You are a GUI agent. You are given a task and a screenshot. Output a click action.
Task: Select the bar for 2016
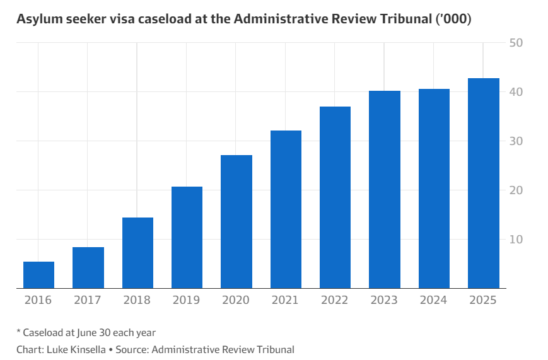[38, 275]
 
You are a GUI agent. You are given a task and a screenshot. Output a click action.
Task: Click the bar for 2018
[137, 253]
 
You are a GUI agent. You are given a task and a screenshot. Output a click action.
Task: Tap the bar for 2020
[236, 222]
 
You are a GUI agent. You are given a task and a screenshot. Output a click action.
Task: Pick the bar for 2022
[335, 197]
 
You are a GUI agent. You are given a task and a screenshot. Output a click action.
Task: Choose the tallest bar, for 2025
[483, 183]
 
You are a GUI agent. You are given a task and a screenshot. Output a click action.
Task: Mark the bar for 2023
[385, 190]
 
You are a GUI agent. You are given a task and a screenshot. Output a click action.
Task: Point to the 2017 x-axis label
[88, 300]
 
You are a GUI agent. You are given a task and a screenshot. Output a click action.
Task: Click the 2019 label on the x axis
[187, 300]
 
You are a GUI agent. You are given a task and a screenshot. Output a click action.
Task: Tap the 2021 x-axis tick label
[286, 300]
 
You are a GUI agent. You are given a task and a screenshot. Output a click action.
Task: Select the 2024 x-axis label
[434, 300]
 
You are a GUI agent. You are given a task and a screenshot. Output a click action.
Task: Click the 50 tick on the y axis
[516, 43]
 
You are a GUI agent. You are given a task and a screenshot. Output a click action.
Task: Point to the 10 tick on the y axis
[516, 240]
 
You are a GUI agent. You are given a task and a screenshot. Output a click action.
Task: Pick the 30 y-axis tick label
[516, 141]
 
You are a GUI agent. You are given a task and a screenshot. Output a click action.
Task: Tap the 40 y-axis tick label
[516, 92]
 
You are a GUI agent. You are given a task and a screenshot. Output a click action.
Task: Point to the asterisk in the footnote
[19, 332]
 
